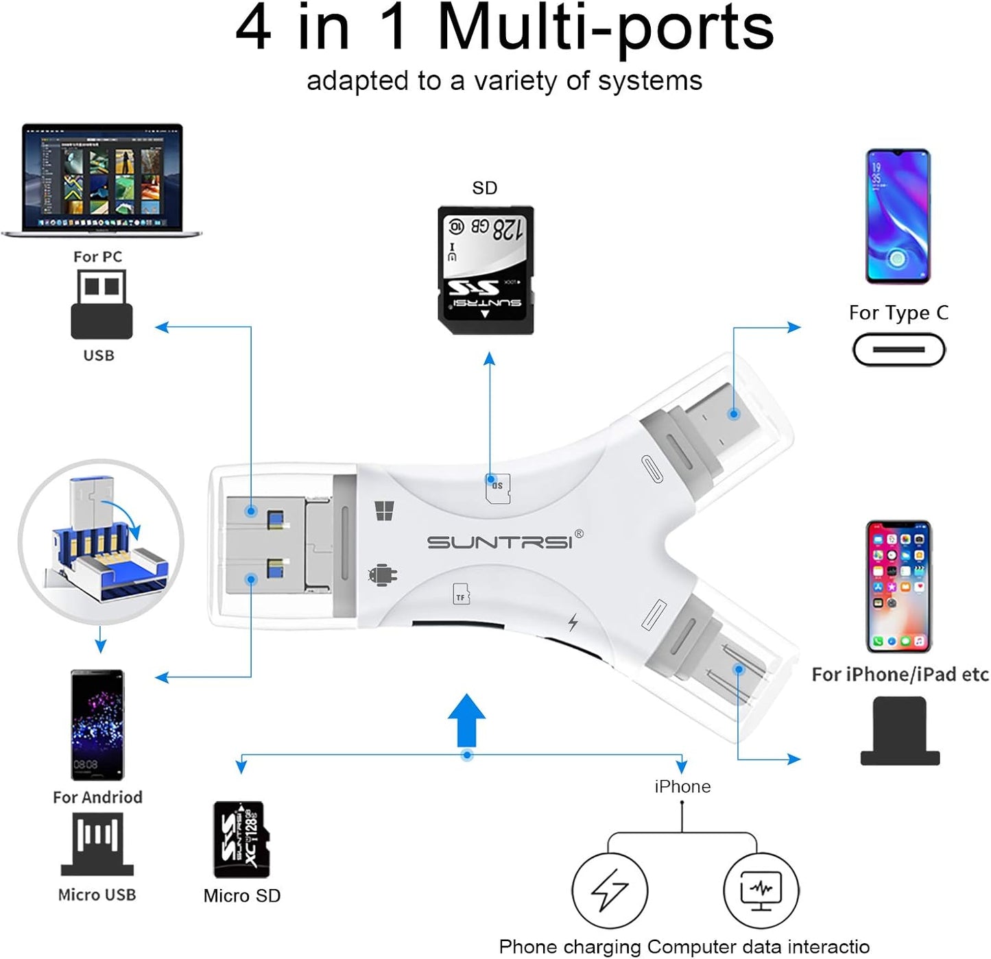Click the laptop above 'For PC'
(x=102, y=180)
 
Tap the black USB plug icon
(x=102, y=304)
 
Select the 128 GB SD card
(x=486, y=270)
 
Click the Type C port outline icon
(x=898, y=350)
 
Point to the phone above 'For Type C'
(x=898, y=217)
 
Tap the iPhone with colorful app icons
(x=898, y=587)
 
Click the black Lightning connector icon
(x=900, y=731)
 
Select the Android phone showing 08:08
(x=97, y=725)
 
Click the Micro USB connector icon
(x=97, y=844)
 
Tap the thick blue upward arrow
(x=466, y=720)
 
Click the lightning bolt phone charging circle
(x=610, y=890)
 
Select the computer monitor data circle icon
(x=761, y=890)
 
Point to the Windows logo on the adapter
(x=384, y=511)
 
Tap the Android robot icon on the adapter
(x=383, y=575)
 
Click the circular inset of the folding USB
(x=101, y=542)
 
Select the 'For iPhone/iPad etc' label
(x=900, y=675)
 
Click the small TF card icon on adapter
(x=462, y=595)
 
